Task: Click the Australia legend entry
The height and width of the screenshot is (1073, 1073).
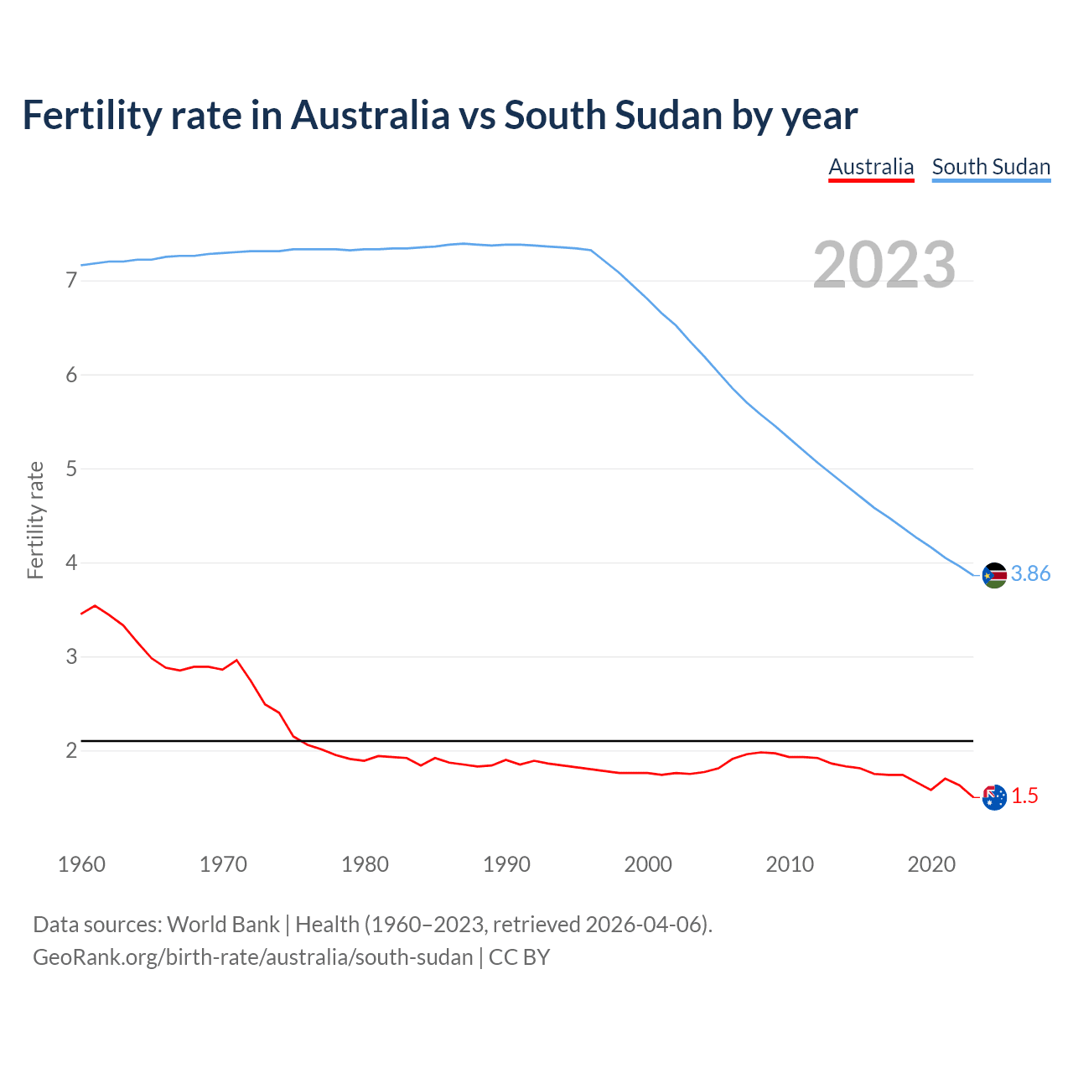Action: point(871,167)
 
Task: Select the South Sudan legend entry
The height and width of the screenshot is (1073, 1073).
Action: point(991,167)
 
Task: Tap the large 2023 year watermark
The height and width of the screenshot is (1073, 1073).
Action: point(884,265)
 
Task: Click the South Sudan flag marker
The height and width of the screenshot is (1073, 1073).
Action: point(994,575)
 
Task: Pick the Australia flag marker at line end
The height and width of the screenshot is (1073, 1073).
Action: point(994,797)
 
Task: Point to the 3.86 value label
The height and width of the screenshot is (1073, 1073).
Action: point(1030,574)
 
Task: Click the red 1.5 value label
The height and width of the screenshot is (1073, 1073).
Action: point(1024,796)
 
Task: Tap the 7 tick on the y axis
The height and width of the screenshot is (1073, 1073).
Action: point(71,281)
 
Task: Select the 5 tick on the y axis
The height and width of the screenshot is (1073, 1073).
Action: point(71,469)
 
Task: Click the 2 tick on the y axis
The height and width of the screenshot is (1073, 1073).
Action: point(71,750)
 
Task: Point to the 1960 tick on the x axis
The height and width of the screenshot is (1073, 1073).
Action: point(81,864)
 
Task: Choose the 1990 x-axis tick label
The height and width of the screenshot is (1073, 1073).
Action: point(506,864)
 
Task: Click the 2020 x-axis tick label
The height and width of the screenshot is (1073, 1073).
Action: point(931,864)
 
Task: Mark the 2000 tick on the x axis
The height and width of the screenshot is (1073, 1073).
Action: point(648,864)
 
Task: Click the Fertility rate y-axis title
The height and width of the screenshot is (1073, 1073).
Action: point(35,520)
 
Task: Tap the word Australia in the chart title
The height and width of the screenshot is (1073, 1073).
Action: point(370,116)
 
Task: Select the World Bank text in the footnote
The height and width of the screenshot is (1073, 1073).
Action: point(223,925)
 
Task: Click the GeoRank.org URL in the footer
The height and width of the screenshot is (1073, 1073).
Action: point(252,957)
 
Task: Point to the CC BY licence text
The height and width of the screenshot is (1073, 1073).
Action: point(519,957)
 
